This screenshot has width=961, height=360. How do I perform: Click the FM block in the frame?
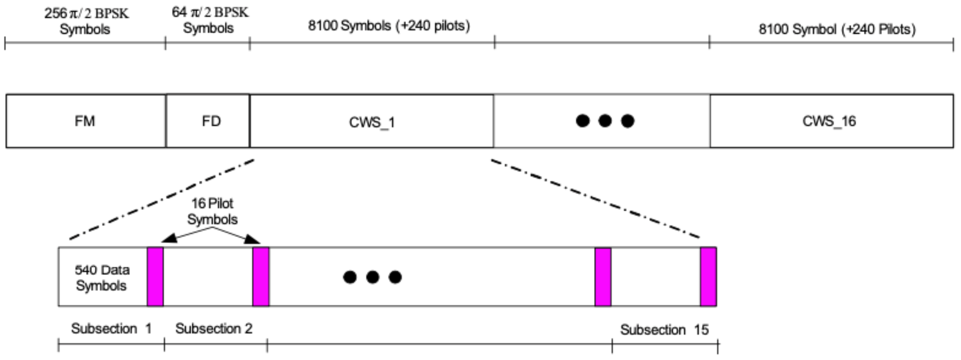pos(85,121)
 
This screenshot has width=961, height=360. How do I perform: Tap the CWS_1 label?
pos(372,122)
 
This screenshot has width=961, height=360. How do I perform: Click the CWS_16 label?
pos(829,121)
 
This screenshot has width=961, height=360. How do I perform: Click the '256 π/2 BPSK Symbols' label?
pos(86,21)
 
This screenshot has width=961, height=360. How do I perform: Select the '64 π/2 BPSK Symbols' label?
pos(209,20)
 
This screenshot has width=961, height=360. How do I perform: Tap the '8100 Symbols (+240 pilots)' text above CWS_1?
pos(389,26)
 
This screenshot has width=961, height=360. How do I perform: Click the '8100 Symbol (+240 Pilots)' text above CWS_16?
pos(837,29)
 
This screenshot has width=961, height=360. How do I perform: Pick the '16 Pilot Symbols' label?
pos(212,211)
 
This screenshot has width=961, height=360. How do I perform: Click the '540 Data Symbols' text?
pos(102,278)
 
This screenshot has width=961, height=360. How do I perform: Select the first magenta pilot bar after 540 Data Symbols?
pos(155,276)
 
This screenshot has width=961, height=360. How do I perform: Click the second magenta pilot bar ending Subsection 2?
pos(261,276)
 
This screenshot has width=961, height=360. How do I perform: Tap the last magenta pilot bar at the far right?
pos(708,276)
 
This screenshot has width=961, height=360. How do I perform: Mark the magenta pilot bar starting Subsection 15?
pos(603,276)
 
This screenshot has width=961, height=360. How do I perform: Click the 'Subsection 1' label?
pos(111,328)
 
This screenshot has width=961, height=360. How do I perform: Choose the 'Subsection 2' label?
pos(214,328)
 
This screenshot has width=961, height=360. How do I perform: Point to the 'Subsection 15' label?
pos(664,330)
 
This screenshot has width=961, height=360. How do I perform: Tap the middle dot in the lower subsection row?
pos(373,277)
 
